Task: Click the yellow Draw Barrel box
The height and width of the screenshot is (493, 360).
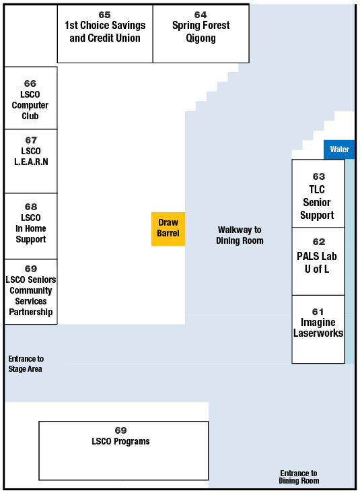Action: click(x=168, y=229)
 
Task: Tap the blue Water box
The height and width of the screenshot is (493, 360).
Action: click(x=339, y=150)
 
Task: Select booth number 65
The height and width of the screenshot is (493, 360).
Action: click(x=104, y=15)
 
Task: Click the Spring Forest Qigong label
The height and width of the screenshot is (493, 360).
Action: click(x=201, y=32)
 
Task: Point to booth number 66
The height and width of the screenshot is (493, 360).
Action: click(x=30, y=84)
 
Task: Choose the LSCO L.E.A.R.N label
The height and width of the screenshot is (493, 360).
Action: click(x=31, y=156)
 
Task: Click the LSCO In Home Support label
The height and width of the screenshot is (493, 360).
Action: click(x=31, y=228)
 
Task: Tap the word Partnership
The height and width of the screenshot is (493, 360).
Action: click(x=31, y=312)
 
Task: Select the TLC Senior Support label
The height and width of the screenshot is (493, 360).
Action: click(x=317, y=202)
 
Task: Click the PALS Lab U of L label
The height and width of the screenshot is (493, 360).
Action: click(x=317, y=263)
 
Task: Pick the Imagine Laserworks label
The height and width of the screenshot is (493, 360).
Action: click(x=318, y=327)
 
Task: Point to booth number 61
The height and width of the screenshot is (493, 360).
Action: click(x=318, y=312)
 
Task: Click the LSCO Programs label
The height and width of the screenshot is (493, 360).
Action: click(x=120, y=441)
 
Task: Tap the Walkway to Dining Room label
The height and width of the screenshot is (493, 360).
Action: click(x=240, y=235)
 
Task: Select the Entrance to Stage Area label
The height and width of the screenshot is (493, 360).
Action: click(x=26, y=364)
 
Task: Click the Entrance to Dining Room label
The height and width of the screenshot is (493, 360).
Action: click(x=299, y=477)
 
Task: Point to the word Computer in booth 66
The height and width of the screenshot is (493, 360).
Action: click(x=30, y=105)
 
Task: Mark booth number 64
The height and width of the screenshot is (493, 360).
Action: click(x=201, y=15)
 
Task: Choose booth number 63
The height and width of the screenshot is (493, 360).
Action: click(x=318, y=176)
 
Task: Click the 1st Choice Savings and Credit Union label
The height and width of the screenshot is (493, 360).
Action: click(x=105, y=32)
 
